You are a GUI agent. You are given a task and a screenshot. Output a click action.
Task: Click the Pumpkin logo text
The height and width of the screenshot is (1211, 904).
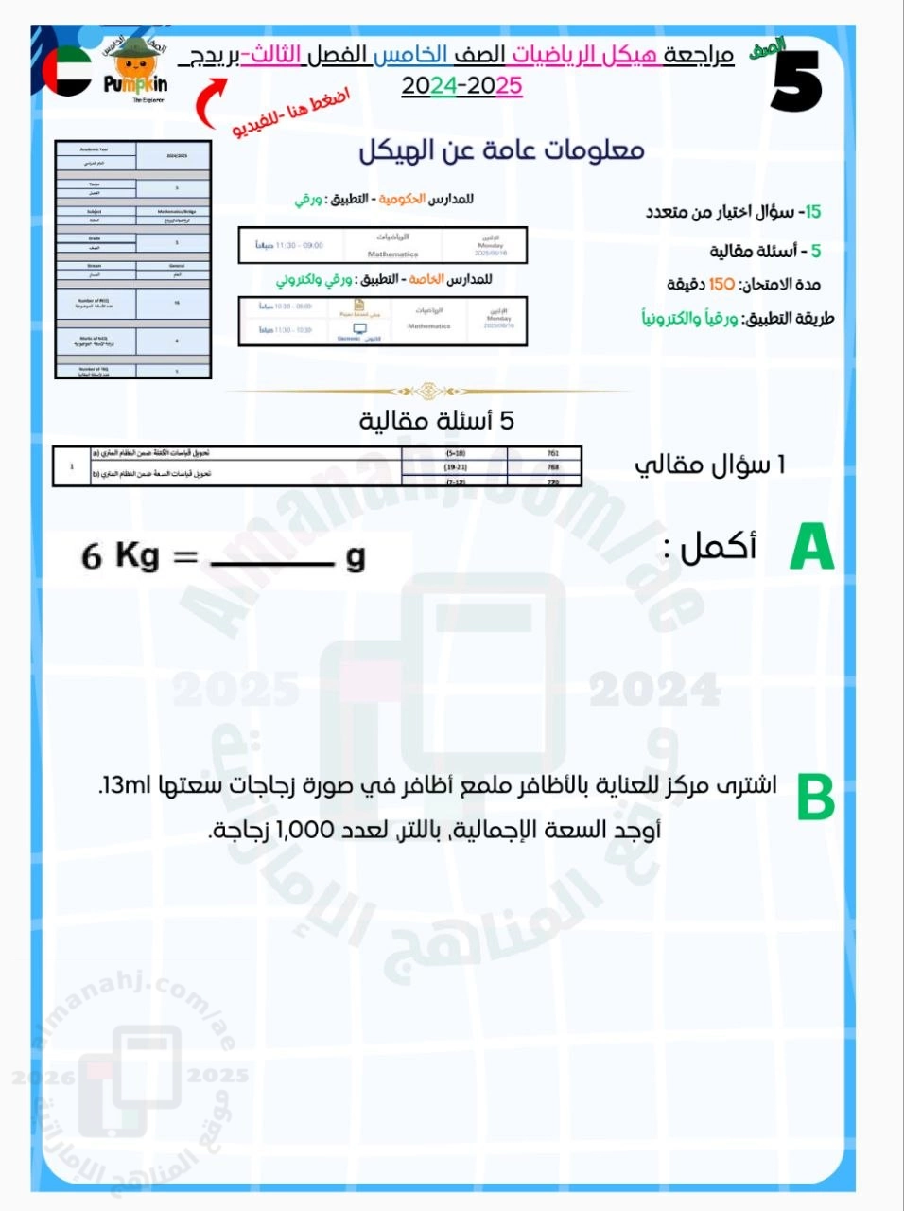pos(135,84)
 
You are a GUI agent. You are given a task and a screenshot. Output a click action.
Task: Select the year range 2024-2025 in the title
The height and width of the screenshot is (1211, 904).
pos(461,86)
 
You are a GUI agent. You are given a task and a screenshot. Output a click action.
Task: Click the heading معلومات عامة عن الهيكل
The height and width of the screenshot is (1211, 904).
pos(501,150)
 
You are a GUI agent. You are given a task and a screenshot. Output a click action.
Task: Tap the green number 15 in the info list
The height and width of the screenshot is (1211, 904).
pos(811,212)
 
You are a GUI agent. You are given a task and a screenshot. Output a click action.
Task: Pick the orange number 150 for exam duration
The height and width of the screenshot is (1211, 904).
pos(721,284)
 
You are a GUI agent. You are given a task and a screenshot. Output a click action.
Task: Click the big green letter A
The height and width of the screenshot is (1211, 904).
pos(811,548)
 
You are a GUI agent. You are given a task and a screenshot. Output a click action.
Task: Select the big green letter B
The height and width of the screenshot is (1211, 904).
pos(815,798)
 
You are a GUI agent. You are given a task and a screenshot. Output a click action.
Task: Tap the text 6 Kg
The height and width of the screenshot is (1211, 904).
pos(120,555)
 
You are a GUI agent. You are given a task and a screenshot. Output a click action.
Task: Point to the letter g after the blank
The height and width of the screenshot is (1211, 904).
pos(356,557)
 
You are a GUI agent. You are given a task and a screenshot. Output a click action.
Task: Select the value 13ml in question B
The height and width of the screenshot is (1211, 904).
pos(123,784)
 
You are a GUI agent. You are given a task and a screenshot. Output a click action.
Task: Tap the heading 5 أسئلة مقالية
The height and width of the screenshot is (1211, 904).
pos(437,421)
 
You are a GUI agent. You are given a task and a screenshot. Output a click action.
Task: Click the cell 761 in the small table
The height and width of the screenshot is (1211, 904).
pos(553,454)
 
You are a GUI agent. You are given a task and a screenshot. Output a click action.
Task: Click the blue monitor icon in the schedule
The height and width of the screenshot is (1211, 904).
pos(359,329)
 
